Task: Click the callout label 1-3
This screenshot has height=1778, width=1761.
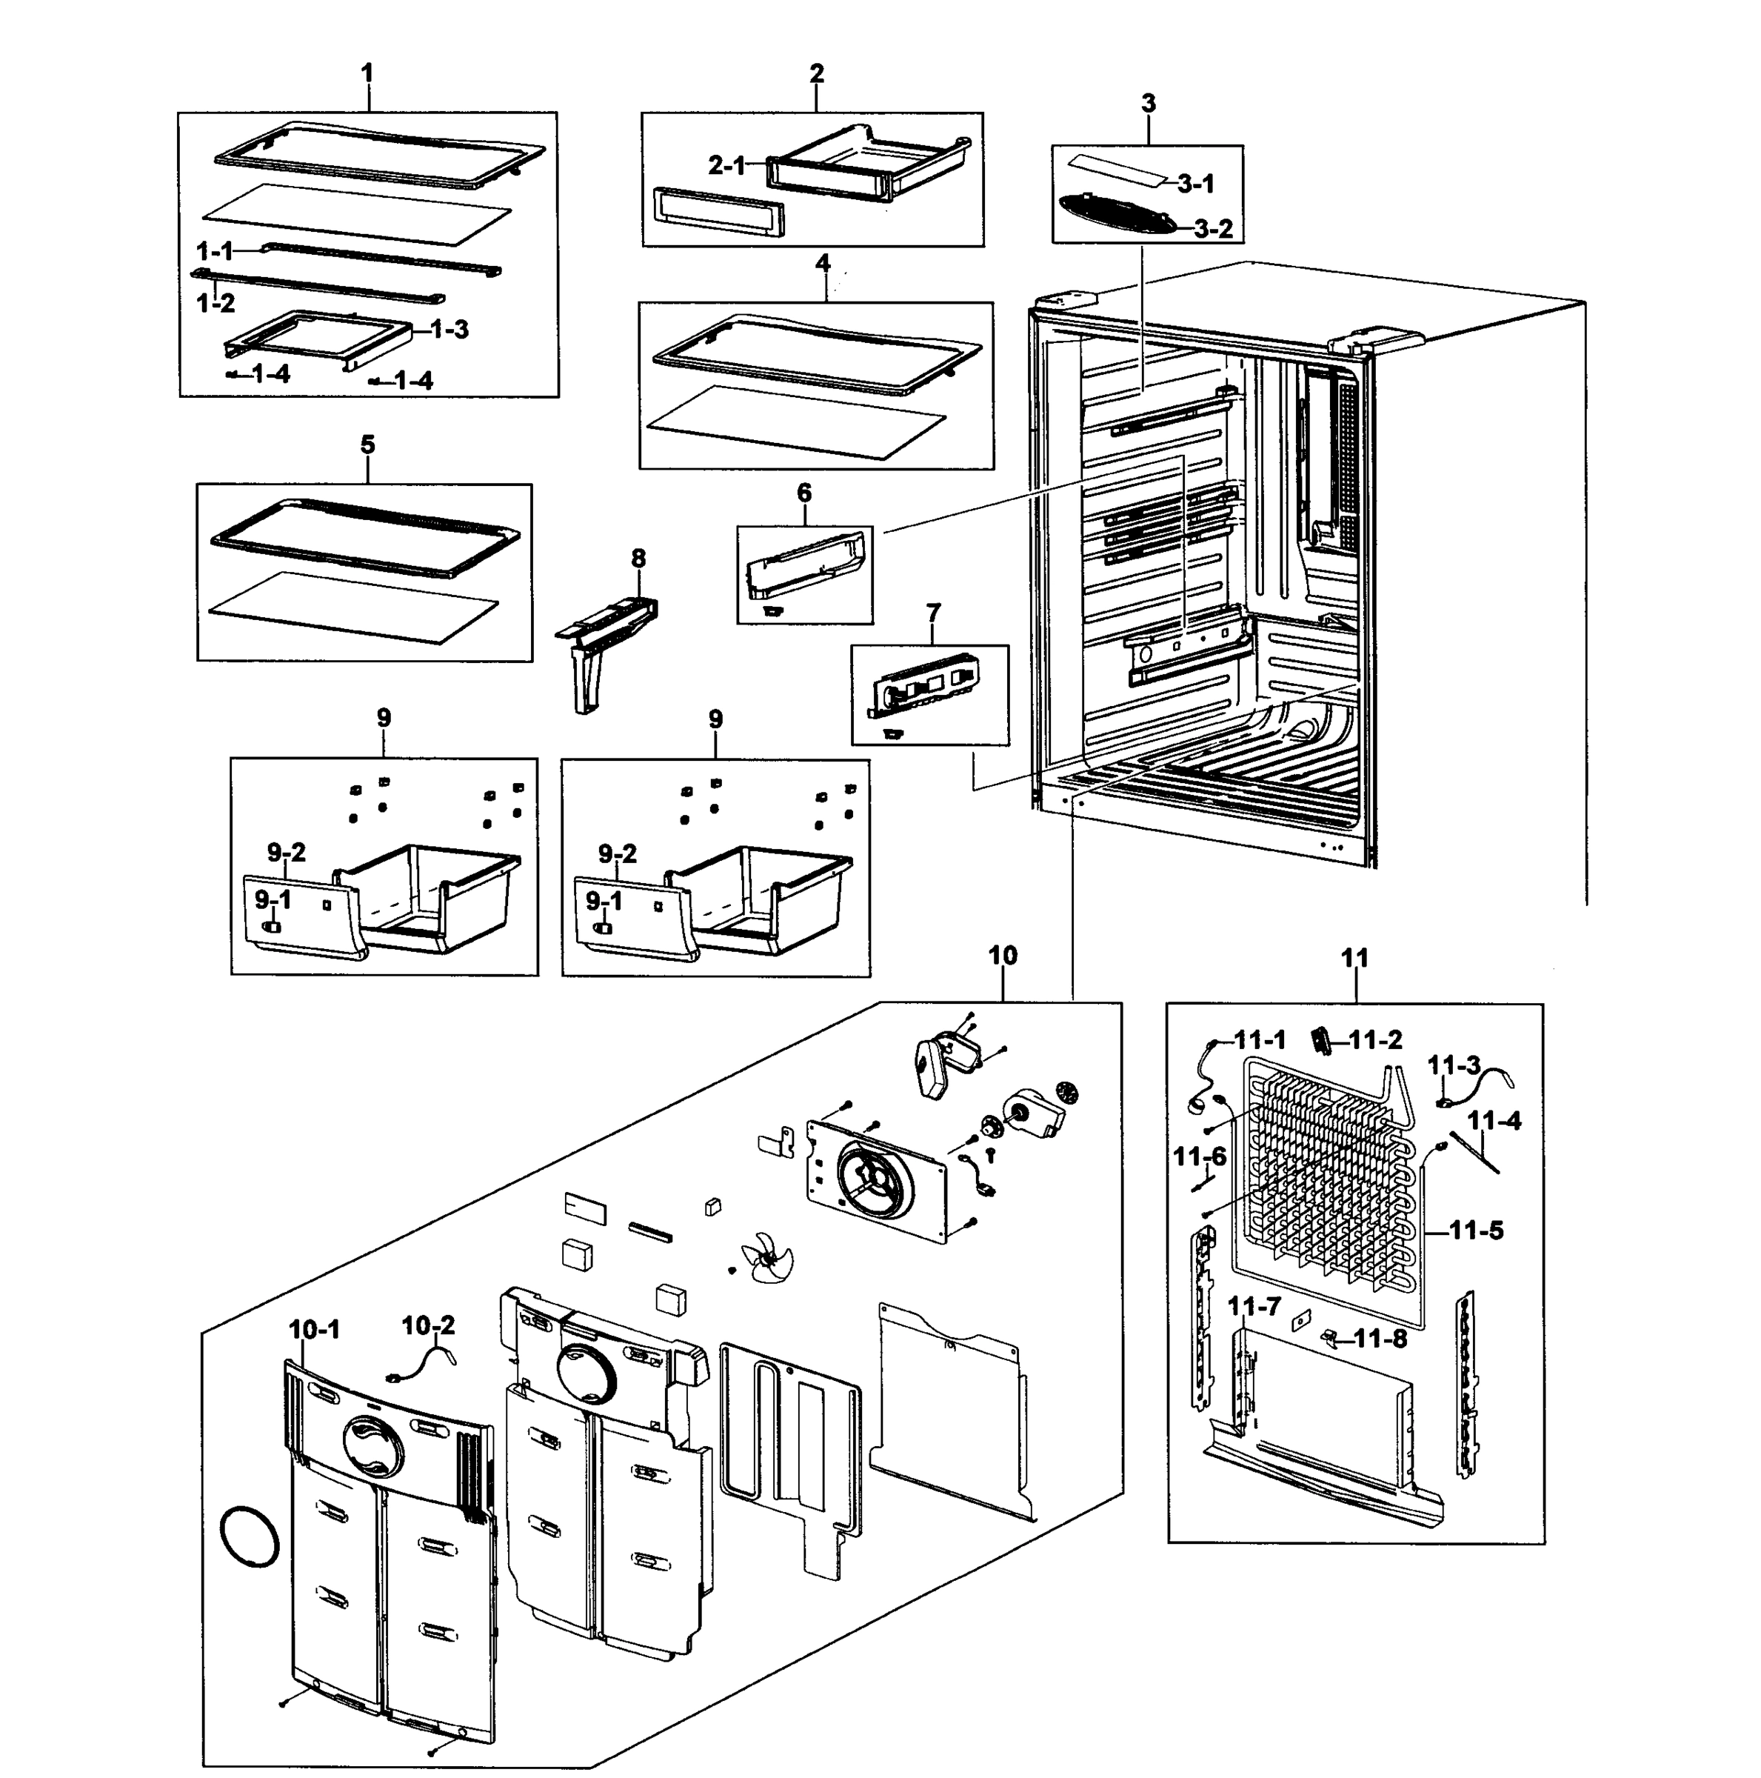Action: pos(449,330)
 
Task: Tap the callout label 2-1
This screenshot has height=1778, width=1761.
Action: pos(727,166)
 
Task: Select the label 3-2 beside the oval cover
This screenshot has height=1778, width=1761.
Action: pos(1213,229)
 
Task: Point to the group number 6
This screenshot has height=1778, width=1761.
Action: pos(804,493)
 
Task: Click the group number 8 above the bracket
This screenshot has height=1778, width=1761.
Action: pos(638,559)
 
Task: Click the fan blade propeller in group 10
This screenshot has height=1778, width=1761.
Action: pos(766,1257)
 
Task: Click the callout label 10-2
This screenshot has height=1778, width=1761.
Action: pos(428,1326)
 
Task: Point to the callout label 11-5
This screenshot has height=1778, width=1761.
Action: pos(1477,1231)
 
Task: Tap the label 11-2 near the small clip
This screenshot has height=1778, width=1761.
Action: pos(1375,1040)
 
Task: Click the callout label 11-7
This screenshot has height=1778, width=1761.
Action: pos(1254,1306)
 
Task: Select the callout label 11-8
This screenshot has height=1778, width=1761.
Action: pos(1380,1339)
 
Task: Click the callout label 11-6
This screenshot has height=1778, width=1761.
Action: pos(1200,1156)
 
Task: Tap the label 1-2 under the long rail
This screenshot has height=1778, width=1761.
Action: pos(215,303)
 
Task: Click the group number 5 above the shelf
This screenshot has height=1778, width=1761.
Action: pos(367,445)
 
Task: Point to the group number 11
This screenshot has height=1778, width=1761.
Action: pos(1354,958)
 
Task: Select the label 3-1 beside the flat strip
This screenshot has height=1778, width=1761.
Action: pos(1196,184)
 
